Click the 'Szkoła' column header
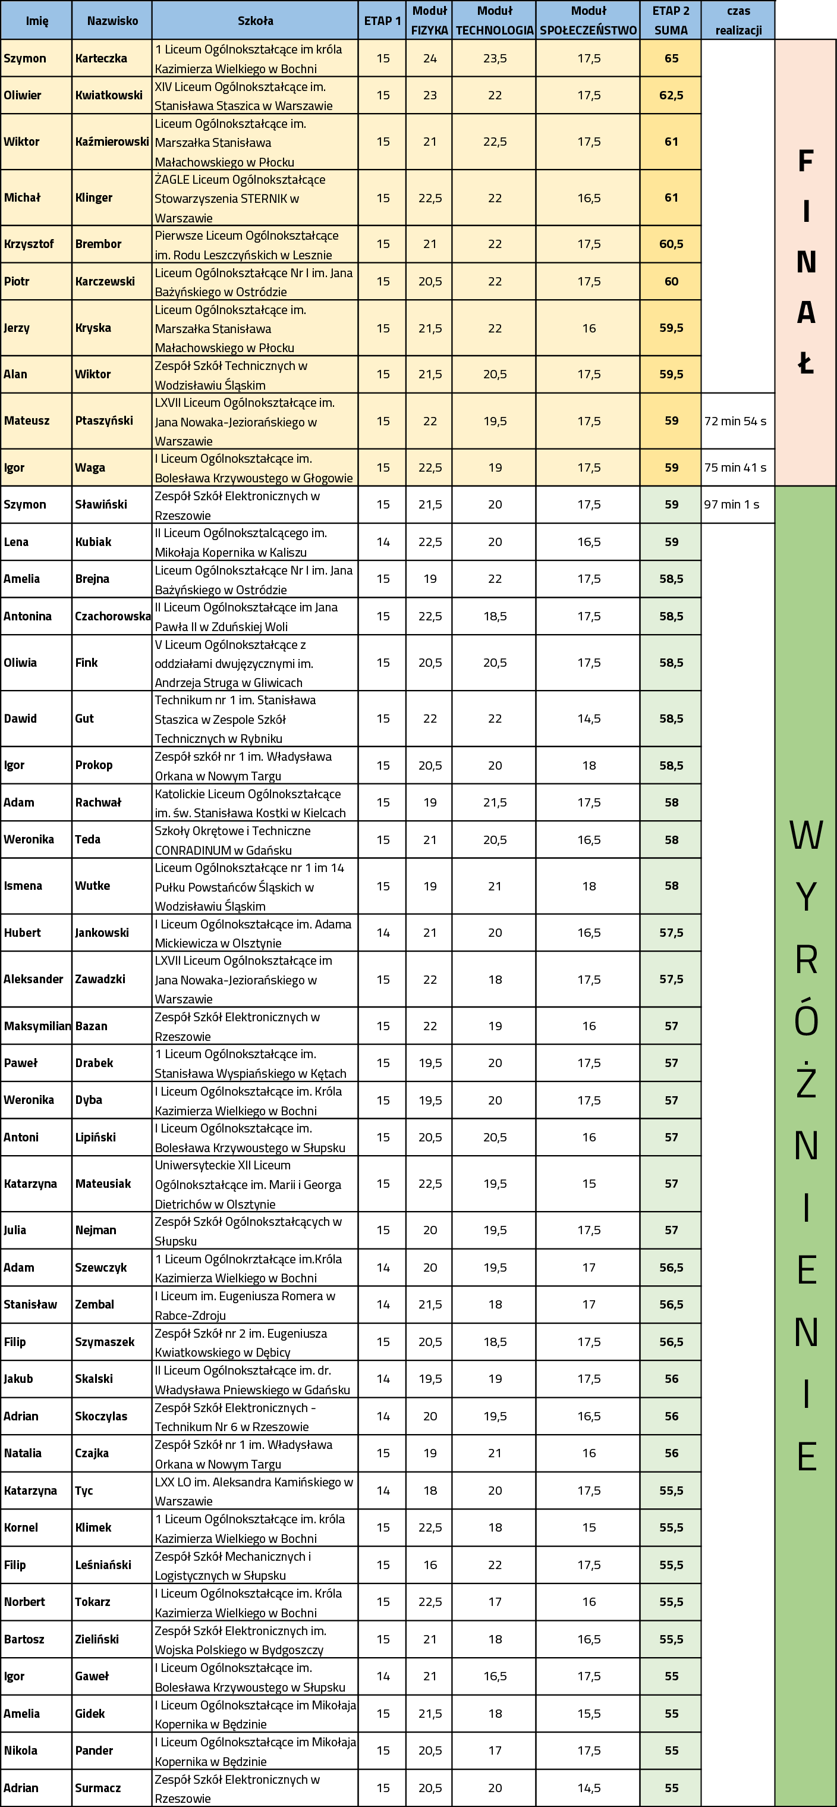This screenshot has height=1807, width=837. (x=255, y=20)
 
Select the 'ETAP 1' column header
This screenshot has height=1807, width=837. (x=382, y=20)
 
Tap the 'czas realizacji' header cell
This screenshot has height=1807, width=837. (x=738, y=20)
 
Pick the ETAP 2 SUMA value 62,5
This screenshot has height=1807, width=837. (x=671, y=95)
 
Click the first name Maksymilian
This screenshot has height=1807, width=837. (x=37, y=1025)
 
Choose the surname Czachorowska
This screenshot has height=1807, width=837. (x=112, y=616)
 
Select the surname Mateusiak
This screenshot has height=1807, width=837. (x=103, y=1184)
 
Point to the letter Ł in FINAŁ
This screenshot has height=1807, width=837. (x=806, y=363)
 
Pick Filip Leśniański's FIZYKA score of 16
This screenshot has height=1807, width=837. (x=430, y=1565)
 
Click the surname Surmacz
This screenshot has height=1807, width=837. (x=97, y=1788)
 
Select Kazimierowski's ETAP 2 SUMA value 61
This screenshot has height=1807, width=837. (x=671, y=142)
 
